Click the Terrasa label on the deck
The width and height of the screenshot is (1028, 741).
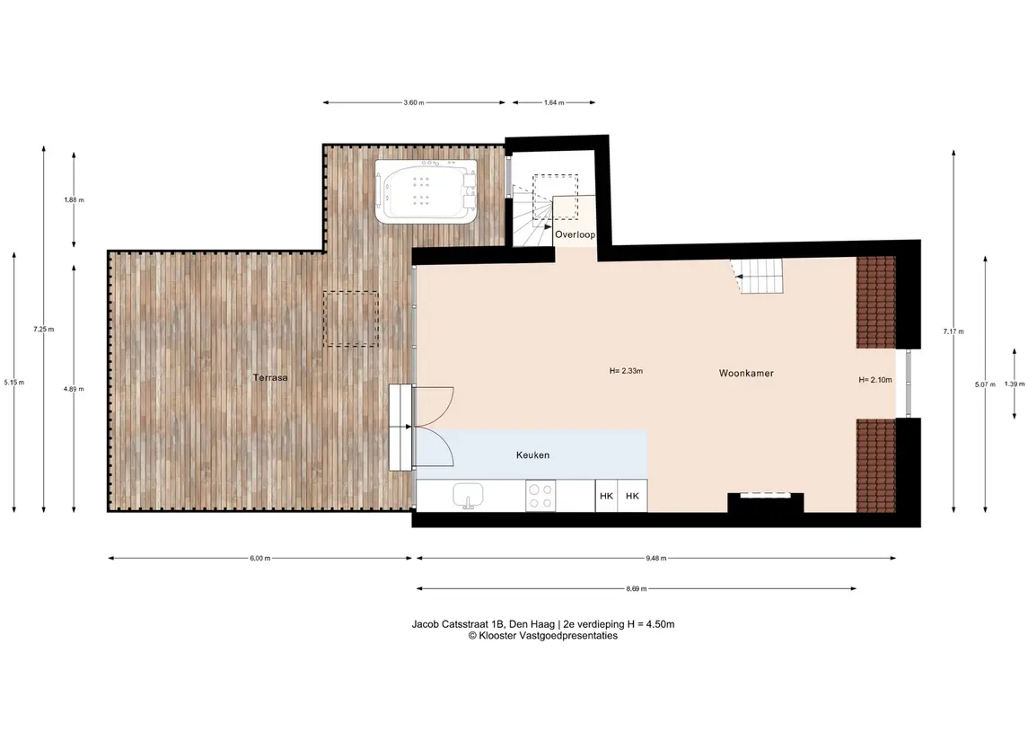click(270, 378)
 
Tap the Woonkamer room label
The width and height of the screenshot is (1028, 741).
click(746, 373)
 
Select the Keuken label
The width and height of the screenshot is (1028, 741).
click(532, 455)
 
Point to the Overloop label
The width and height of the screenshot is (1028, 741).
click(575, 234)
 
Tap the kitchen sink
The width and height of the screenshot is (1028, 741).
click(468, 496)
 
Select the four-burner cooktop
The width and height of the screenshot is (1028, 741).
click(540, 496)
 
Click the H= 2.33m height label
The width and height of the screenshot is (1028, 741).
click(626, 371)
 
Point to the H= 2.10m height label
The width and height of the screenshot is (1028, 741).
click(875, 380)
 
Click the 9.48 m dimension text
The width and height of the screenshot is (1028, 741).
click(655, 559)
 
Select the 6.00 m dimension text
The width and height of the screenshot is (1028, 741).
click(259, 559)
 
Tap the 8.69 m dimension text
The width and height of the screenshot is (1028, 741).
click(636, 589)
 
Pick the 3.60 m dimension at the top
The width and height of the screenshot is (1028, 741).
click(414, 103)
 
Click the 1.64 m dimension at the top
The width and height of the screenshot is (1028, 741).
click(554, 103)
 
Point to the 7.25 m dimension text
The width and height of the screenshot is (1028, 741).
click(44, 330)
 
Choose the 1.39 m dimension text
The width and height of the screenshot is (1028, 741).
click(1015, 384)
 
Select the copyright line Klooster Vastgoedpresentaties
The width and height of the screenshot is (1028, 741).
click(543, 635)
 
